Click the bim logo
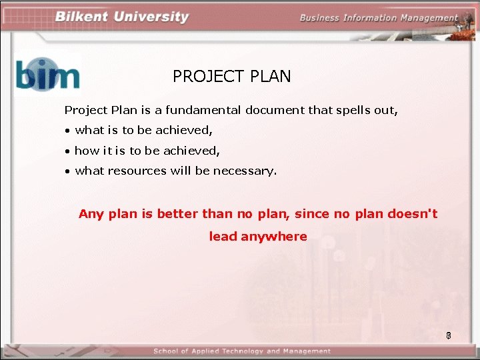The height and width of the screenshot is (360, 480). (x=47, y=74)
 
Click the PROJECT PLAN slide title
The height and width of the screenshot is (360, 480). (x=231, y=77)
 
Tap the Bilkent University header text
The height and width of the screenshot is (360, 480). (x=121, y=17)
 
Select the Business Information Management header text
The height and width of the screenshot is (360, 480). (x=379, y=18)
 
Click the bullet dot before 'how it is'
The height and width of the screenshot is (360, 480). (x=68, y=151)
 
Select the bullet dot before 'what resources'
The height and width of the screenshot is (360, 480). (x=68, y=171)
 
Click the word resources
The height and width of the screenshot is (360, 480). (x=135, y=171)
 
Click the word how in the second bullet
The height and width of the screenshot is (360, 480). (x=85, y=151)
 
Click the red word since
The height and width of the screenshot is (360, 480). (x=312, y=214)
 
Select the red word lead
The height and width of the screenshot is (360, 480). (x=223, y=237)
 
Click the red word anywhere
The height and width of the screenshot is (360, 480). (x=274, y=237)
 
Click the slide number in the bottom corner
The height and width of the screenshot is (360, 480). (x=449, y=336)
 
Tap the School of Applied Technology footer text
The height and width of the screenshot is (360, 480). (x=241, y=351)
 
